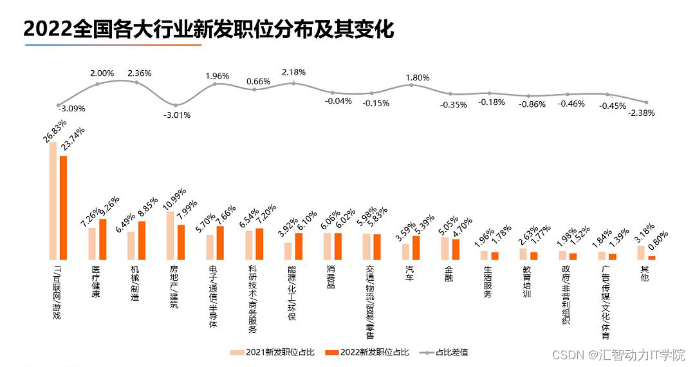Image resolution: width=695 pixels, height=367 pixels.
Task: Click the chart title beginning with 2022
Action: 208,30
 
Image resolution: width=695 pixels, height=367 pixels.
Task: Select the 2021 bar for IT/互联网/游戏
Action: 53,201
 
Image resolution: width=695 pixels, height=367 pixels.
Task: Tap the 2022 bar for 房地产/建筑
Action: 181,243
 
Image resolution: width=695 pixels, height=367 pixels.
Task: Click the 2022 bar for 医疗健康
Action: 103,240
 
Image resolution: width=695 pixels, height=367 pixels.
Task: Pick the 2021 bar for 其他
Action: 641,252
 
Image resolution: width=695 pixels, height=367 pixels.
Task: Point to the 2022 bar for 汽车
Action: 416,248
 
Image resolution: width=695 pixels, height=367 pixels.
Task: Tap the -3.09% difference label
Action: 71,109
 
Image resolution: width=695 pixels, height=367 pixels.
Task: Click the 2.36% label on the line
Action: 140,73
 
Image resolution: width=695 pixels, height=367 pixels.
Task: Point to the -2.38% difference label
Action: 642,113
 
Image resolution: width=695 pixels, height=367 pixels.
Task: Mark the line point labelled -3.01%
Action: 176,105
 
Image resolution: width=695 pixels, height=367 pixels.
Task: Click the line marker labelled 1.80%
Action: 411,84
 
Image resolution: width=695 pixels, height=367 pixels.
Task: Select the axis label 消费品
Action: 331,278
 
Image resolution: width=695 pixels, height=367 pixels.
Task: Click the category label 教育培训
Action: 526,281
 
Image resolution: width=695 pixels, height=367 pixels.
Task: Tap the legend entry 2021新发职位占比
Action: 272,352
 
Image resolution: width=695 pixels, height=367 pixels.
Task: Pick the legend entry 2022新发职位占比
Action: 367,352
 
